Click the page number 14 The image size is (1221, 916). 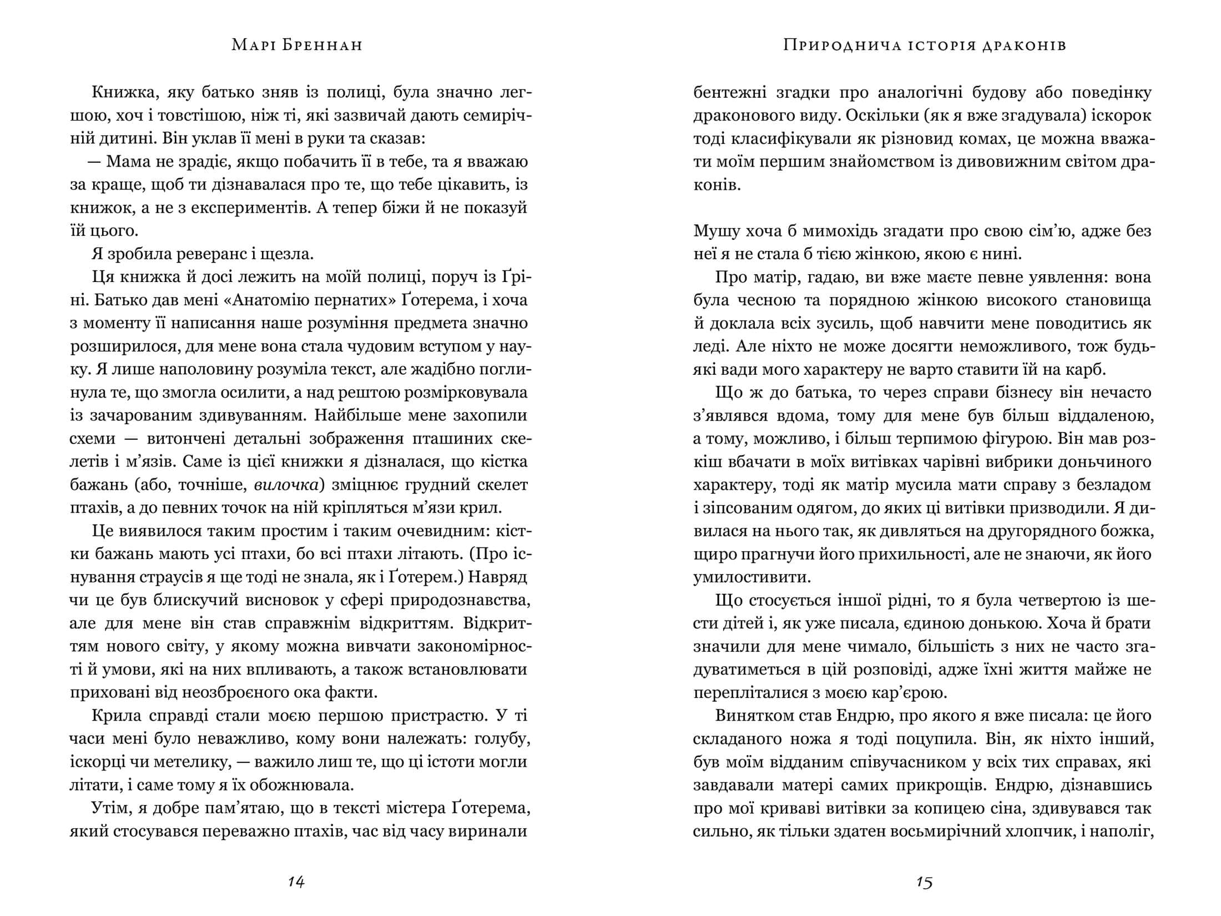click(296, 882)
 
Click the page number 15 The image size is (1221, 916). click(924, 882)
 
